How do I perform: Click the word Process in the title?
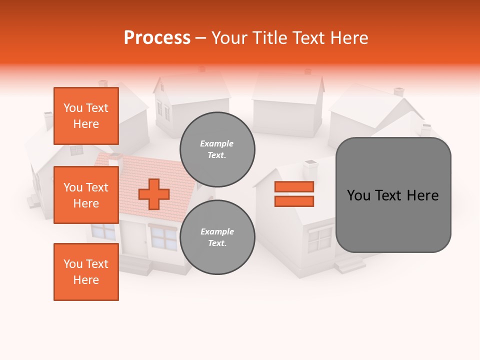pos(157,38)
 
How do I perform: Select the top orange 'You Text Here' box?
pos(86,116)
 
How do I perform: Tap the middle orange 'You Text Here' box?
pos(86,195)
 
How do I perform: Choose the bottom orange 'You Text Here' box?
pos(86,272)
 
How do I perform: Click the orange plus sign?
pos(154,194)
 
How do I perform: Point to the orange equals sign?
pos(294,194)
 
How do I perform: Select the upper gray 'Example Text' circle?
pos(217,149)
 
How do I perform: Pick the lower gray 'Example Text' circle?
pos(217,237)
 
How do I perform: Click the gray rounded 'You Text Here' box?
pos(393,195)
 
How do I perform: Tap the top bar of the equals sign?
pos(294,186)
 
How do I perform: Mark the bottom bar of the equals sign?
pos(294,201)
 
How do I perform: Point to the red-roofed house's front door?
pos(133,239)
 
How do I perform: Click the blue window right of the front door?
pos(163,237)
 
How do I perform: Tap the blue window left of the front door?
pos(103,231)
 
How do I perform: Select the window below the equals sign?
pos(319,239)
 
